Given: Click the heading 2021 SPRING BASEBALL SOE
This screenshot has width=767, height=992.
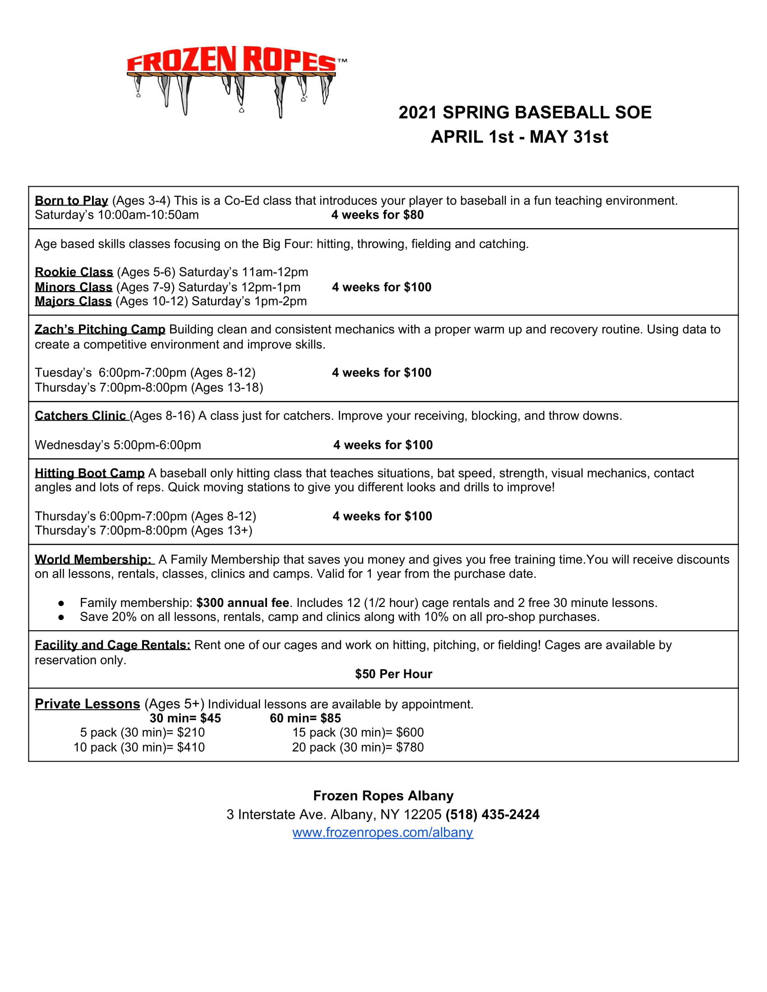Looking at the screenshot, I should [525, 113].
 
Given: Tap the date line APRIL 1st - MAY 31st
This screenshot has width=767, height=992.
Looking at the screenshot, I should [519, 137].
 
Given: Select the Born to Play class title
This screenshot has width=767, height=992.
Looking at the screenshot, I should [71, 201].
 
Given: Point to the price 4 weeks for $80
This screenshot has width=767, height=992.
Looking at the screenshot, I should [377, 215].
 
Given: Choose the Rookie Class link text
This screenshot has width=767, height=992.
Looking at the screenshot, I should [74, 272].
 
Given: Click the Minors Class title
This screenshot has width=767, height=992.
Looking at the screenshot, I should [74, 287].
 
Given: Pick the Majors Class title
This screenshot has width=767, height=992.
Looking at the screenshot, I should [73, 301].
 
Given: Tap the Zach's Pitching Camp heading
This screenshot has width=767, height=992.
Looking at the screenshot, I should [100, 329].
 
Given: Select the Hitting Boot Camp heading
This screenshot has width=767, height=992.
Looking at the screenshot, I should [89, 473].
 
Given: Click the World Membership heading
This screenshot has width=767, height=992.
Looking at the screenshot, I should [93, 560].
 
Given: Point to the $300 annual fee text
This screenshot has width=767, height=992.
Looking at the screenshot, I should [243, 603].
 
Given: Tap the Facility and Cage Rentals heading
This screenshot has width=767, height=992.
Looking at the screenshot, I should [112, 645].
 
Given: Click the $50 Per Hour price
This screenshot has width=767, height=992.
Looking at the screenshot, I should [393, 674].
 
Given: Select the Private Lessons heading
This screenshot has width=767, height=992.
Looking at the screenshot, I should [87, 704].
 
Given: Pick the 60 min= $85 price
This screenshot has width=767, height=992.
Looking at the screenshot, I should [305, 718].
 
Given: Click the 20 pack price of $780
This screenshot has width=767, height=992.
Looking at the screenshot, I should [358, 747].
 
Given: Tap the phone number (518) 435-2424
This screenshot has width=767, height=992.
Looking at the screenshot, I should [493, 814].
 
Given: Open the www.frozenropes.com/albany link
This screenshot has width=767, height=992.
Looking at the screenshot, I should [383, 832].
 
